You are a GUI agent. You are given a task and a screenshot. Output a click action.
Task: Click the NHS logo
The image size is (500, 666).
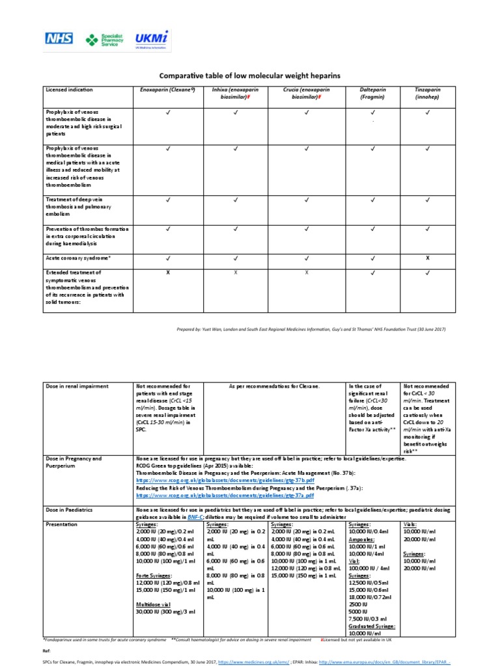(x=59, y=38)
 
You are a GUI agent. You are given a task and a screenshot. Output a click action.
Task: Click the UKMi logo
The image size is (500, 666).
(x=151, y=39)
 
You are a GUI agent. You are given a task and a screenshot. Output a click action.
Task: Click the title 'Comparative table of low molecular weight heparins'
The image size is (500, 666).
(x=250, y=76)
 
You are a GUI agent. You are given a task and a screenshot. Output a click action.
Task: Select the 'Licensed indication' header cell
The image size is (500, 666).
(x=68, y=89)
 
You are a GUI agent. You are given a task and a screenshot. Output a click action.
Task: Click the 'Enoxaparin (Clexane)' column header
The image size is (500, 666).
(x=167, y=89)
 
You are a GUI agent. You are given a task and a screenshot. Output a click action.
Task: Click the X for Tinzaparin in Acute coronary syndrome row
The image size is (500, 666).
(x=428, y=258)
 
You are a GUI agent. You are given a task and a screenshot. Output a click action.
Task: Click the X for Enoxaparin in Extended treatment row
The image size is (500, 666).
(x=167, y=273)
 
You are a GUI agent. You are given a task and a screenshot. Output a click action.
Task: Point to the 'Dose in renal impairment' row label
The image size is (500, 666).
(x=77, y=386)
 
